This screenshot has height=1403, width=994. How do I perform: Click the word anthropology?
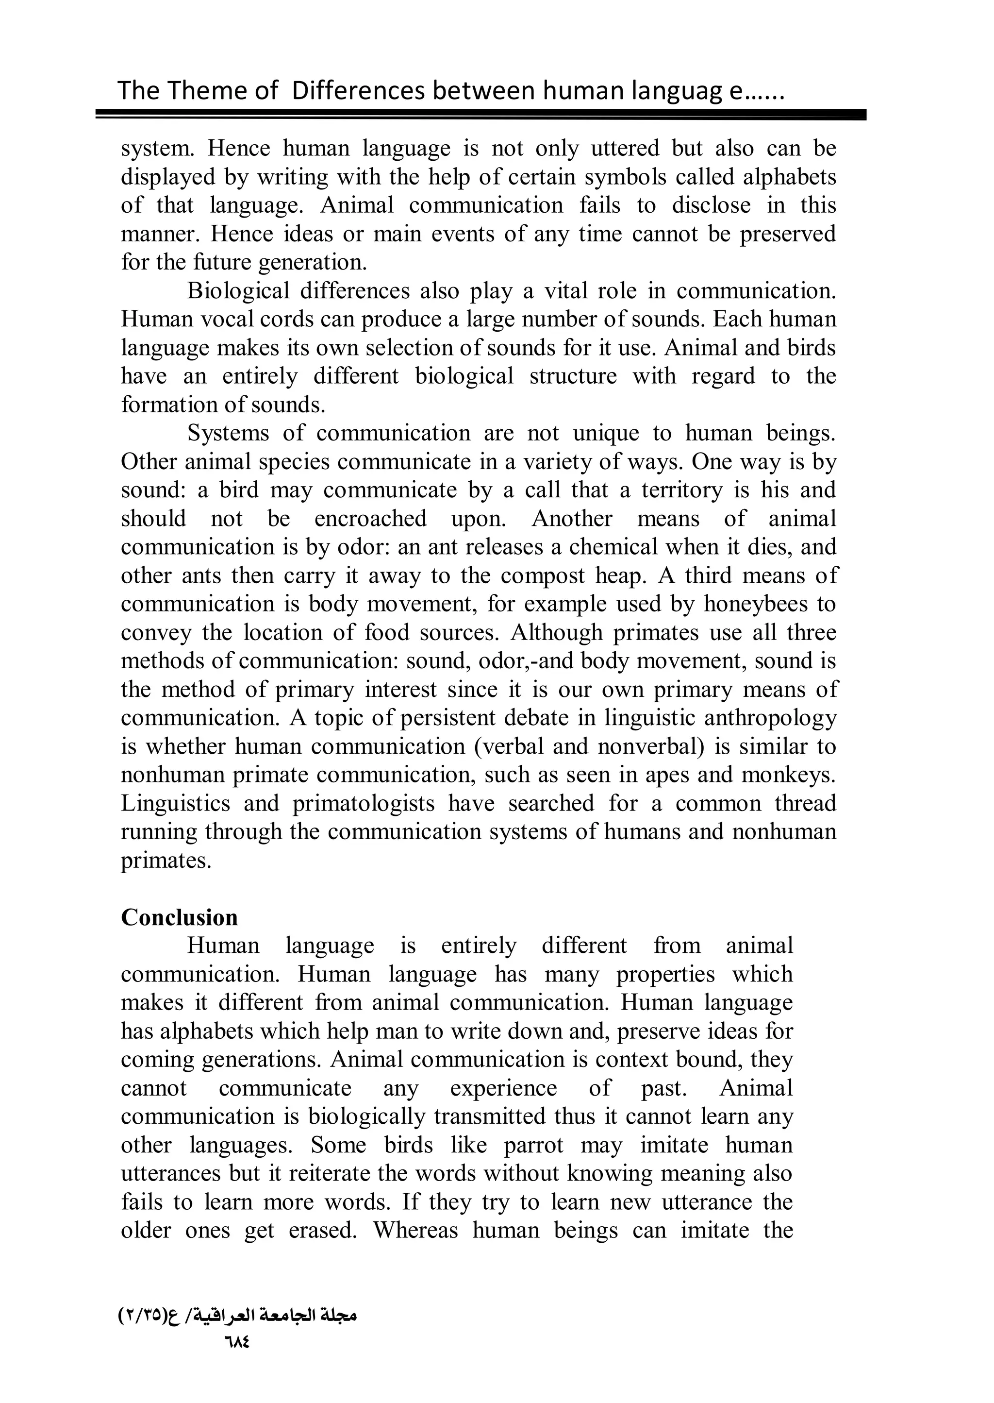pyautogui.click(x=770, y=718)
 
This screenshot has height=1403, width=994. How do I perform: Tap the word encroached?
pyautogui.click(x=370, y=519)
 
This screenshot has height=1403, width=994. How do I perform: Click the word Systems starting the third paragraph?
pyautogui.click(x=228, y=433)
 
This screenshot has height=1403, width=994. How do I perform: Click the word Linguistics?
pyautogui.click(x=176, y=803)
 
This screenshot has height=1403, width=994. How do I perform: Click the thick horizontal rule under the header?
pyautogui.click(x=481, y=115)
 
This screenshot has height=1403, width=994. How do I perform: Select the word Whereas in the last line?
pyautogui.click(x=415, y=1230)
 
